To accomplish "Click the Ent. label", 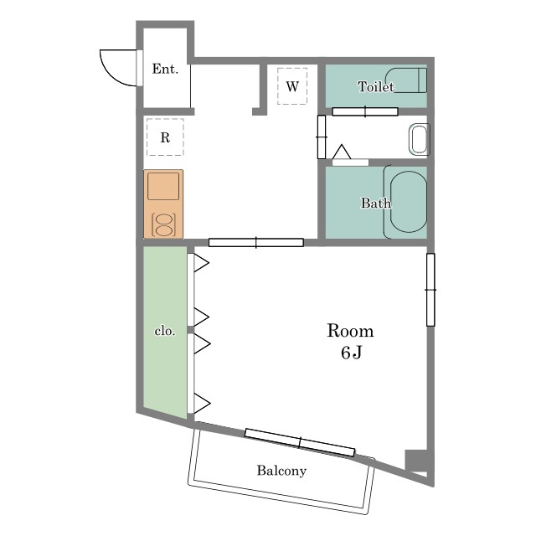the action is click(165, 69).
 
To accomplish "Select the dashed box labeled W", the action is click(292, 86).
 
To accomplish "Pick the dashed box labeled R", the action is click(165, 137).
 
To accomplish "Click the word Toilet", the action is click(376, 86).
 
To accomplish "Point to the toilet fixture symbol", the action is click(406, 80).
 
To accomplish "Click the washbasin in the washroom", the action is click(419, 139).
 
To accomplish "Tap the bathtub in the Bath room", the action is click(406, 202).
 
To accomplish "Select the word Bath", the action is click(376, 203).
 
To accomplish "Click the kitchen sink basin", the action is click(163, 186).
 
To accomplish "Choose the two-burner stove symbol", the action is click(164, 224).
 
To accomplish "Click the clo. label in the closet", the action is click(165, 331).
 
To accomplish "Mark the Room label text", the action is click(350, 331).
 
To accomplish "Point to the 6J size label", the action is click(351, 353).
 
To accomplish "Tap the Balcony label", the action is click(281, 471).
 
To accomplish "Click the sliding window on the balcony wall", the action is click(300, 442).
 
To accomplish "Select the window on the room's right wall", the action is click(430, 290).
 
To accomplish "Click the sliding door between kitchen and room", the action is click(256, 242).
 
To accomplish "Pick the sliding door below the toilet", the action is click(365, 111).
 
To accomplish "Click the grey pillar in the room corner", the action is click(416, 461).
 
